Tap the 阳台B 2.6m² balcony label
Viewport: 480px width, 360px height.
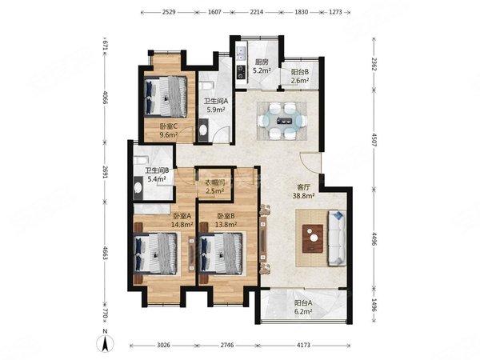(x=301, y=76)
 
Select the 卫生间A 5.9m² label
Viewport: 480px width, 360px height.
(x=216, y=105)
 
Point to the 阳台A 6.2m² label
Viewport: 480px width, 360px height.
(x=304, y=307)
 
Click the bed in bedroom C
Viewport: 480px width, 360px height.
(x=167, y=96)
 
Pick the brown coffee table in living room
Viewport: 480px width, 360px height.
(x=314, y=238)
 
